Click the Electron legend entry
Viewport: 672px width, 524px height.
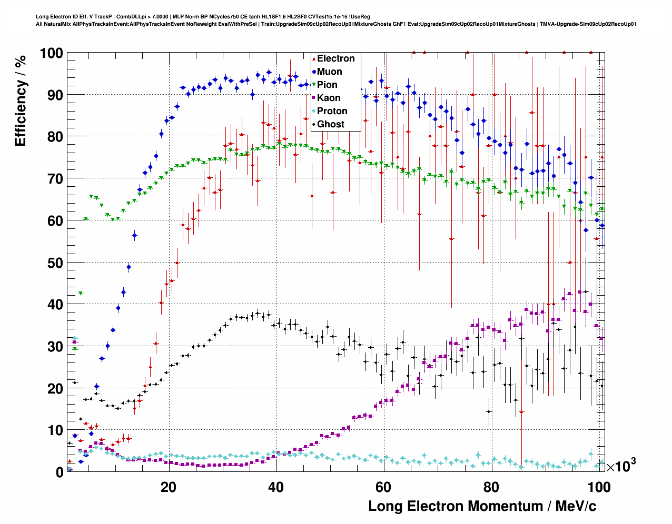click(335, 58)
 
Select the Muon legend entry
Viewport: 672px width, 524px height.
click(329, 72)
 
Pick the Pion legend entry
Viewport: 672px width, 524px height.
click(327, 85)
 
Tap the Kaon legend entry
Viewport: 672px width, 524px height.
click(329, 98)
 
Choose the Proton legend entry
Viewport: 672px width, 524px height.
click(332, 111)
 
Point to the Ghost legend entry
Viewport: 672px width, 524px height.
click(330, 124)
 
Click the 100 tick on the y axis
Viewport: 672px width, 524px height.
click(51, 53)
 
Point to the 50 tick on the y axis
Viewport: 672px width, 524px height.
click(55, 263)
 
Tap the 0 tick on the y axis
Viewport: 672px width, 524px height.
click(60, 472)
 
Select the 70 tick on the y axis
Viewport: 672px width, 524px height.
click(55, 179)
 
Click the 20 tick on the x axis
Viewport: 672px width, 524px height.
click(169, 487)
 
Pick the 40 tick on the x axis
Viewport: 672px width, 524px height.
click(276, 487)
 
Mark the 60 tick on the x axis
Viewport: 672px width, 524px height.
click(384, 487)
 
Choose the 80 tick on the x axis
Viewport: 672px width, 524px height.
click(491, 487)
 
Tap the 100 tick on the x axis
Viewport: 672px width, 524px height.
click(599, 487)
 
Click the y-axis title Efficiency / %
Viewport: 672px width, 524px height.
click(21, 100)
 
